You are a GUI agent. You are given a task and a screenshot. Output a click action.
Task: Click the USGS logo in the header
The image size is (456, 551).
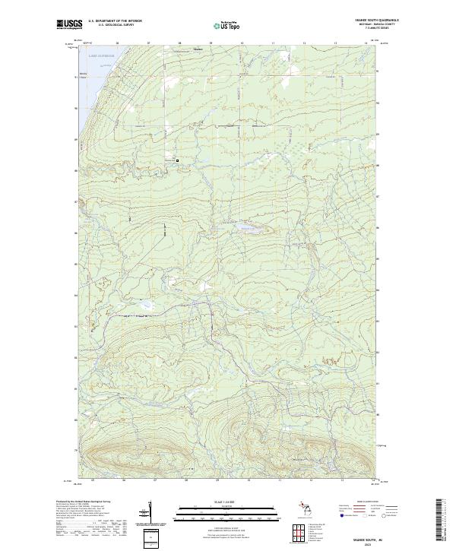pos(68,25)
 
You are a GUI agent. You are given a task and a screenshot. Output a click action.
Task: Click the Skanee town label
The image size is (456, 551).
pos(198,49)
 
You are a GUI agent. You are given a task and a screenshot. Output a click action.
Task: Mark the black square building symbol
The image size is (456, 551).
pos(178,160)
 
